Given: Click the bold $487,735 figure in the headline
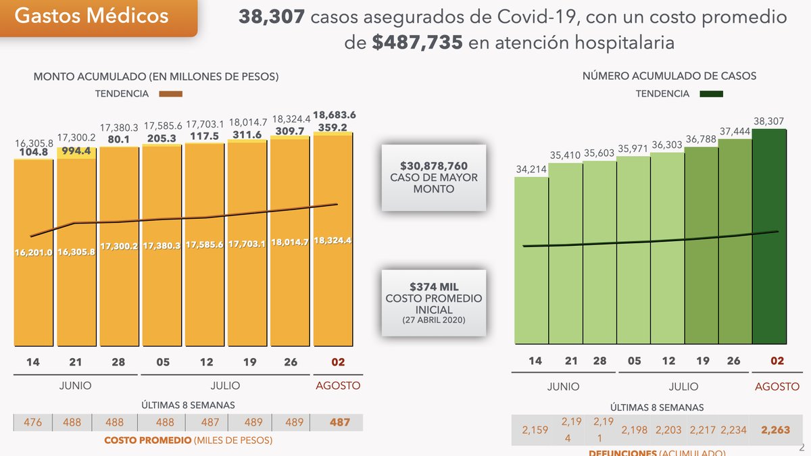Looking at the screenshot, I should coord(417,43).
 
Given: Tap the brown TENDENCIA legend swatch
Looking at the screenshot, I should coord(171,95).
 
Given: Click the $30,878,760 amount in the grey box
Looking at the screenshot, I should coord(433,166).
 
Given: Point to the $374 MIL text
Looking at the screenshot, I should coord(433,287).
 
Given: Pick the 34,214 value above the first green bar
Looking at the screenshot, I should coord(532,169).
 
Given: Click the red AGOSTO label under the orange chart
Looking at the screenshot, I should coord(338,386).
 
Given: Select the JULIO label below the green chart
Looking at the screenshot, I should coord(684,386).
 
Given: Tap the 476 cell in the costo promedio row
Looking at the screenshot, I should coord(33,423).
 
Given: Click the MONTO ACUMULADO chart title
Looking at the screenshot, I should coord(155,77).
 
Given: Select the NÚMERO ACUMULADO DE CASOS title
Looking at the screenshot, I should coord(669,76).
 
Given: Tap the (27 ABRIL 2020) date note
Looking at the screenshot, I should coord(433,319).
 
